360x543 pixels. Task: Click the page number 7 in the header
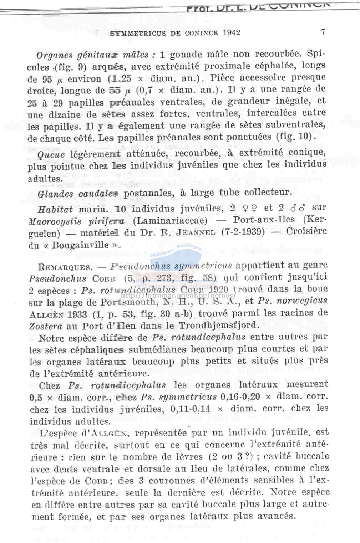tap(323, 32)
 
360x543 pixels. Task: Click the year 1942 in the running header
tap(231, 33)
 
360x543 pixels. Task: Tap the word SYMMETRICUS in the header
tap(138, 33)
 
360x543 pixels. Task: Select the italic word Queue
tap(51, 155)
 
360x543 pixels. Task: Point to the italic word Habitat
tap(55, 209)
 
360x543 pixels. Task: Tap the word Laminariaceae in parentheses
tap(170, 220)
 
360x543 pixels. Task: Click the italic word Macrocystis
tap(55, 221)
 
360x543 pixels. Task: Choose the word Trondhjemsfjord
tap(217, 325)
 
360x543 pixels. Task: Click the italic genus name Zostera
tap(46, 326)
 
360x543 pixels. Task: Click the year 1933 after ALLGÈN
tap(76, 314)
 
